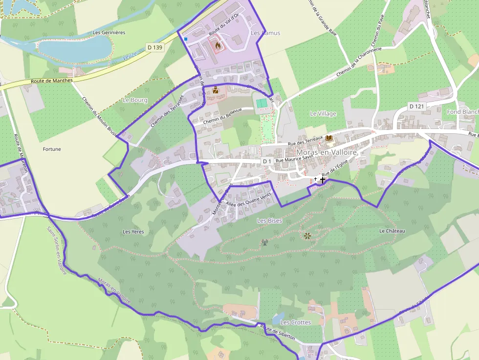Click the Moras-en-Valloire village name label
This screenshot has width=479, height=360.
pyautogui.click(x=327, y=152)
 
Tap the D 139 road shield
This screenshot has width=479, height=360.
pyautogui.click(x=155, y=47)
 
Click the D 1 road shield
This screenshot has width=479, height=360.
pyautogui.click(x=267, y=161)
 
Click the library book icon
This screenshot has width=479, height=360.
pyautogui.click(x=329, y=139)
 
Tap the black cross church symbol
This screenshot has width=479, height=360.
pyautogui.click(x=323, y=180)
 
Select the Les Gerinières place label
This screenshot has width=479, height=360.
pyautogui.click(x=109, y=33)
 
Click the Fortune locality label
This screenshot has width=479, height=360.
pyautogui.click(x=52, y=149)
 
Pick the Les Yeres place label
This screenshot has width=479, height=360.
pyautogui.click(x=133, y=232)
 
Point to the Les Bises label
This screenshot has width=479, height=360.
pyautogui.click(x=269, y=221)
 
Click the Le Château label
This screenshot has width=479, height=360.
pyautogui.click(x=392, y=231)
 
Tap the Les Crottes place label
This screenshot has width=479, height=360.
pyautogui.click(x=295, y=322)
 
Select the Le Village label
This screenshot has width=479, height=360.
pyautogui.click(x=323, y=113)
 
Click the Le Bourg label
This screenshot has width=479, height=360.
pyautogui.click(x=135, y=100)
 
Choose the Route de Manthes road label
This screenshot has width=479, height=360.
pyautogui.click(x=51, y=81)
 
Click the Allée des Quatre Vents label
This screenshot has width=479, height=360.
pyautogui.click(x=249, y=199)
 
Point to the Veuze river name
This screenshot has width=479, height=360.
pyautogui.click(x=130, y=57)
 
